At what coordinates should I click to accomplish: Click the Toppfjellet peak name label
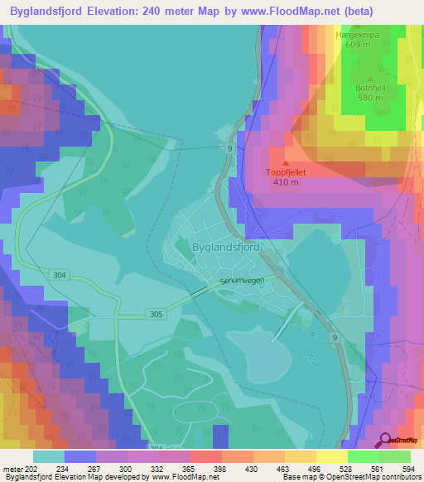pos(287,173)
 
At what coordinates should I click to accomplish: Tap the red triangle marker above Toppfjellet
pos(287,163)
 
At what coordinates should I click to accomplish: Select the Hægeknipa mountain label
pos(357,36)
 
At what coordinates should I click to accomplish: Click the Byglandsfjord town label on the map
pos(226,247)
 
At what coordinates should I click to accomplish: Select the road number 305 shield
pos(157,314)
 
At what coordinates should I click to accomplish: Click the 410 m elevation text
pos(287,182)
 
